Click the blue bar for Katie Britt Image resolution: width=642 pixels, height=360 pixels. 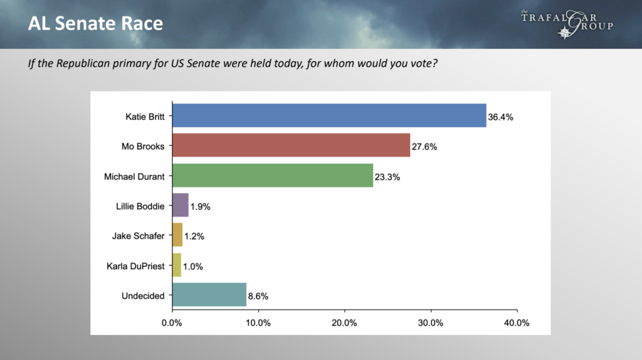pos(329,115)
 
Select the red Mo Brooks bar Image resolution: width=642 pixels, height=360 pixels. pos(291,146)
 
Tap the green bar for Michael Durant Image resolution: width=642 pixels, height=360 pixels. pos(272,176)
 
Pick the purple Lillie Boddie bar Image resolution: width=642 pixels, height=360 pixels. pos(180,205)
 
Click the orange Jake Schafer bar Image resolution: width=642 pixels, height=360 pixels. pos(177,235)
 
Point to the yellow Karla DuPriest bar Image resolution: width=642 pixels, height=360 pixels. pos(177,265)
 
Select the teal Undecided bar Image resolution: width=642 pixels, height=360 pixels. pos(209,295)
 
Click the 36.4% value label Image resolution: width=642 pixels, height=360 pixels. pos(501,117)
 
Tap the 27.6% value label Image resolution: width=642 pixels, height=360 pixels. pos(424,146)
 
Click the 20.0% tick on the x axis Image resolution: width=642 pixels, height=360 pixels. pos(344,323)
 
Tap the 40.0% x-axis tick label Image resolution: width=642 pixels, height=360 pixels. pos(517,323)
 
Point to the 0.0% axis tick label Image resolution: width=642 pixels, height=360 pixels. pos(172,323)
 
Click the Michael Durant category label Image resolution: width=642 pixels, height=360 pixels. pos(134,176)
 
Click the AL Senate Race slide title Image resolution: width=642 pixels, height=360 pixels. pos(95,24)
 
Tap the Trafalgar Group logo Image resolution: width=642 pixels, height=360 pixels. pos(566,23)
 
